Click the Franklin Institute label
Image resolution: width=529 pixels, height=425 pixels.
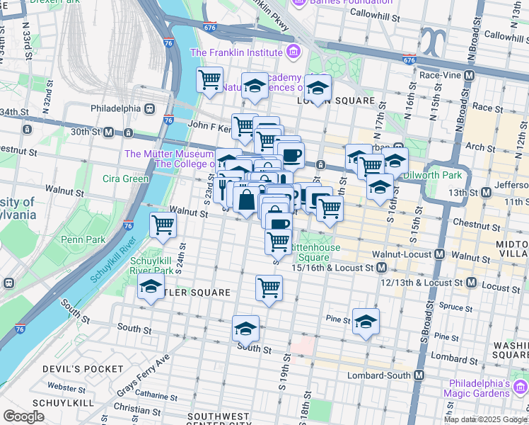[236, 52]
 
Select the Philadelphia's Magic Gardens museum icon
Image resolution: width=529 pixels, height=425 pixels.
[521, 387]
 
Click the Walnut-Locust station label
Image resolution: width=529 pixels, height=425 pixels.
[405, 254]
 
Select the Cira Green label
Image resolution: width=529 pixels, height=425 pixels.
[126, 178]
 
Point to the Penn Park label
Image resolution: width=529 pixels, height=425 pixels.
[83, 239]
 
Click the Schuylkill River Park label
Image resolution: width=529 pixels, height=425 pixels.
[152, 265]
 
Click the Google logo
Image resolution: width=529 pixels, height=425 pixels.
[24, 416]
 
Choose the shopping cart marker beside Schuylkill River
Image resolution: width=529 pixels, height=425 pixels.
[163, 226]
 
